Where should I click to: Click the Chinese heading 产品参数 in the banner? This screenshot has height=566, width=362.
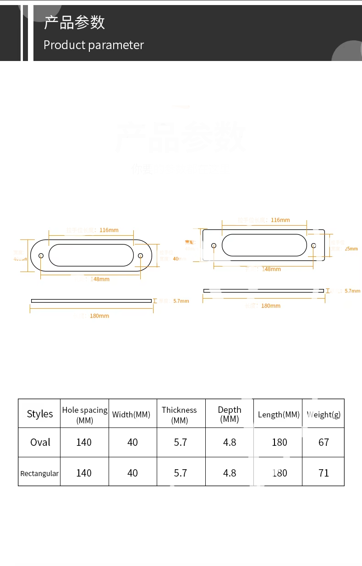tap(74, 22)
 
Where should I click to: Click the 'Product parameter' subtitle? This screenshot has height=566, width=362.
tap(93, 45)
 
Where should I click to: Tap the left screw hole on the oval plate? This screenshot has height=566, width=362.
tap(41, 255)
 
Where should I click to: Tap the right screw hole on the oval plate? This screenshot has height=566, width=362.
tap(140, 255)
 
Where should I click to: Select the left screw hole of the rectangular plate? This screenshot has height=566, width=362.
tap(214, 245)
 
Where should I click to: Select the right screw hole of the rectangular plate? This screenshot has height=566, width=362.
tap(313, 245)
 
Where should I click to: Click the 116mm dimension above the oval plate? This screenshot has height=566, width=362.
tap(110, 230)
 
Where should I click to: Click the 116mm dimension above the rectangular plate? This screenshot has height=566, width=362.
tap(280, 220)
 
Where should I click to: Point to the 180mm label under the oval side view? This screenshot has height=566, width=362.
tap(99, 316)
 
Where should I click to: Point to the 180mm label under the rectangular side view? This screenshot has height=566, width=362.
tap(270, 306)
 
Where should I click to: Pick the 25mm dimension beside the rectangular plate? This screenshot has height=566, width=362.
tap(351, 249)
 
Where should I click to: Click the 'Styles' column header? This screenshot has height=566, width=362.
tap(40, 414)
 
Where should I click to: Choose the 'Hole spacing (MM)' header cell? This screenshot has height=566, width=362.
tap(85, 415)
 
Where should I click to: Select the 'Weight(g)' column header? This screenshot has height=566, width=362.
tap(324, 415)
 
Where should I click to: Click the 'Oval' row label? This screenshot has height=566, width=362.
tap(40, 442)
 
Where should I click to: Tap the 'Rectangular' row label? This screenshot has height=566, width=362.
tap(39, 473)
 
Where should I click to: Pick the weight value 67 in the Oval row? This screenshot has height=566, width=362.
tap(324, 442)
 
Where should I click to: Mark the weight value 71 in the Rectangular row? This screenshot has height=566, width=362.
tap(324, 473)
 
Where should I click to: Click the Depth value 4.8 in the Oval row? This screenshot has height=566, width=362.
tap(230, 442)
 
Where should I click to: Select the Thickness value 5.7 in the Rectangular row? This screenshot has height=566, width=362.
tap(181, 473)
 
